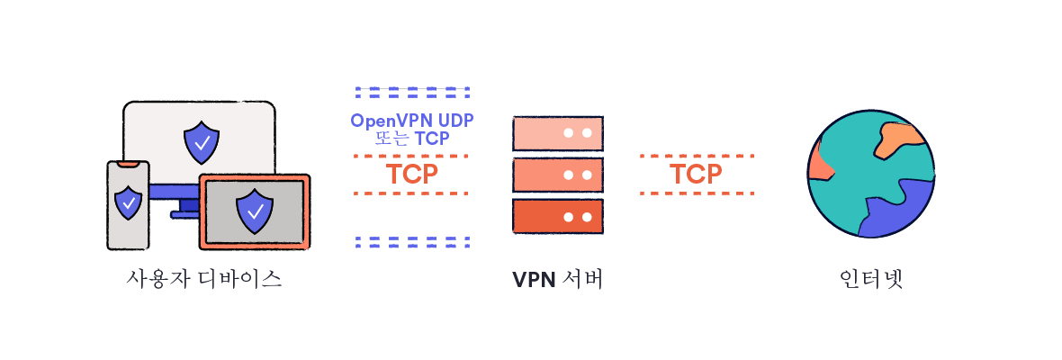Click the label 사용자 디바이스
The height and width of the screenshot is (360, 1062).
pos(205,279)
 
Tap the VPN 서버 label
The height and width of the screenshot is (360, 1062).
pos(557,279)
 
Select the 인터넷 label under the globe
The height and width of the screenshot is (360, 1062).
pos(869,279)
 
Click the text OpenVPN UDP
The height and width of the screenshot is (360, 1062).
pos(412,121)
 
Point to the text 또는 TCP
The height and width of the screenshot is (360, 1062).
pos(412,139)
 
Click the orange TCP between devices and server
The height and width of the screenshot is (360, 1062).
pos(411,174)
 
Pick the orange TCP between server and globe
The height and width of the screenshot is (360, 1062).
pos(696,174)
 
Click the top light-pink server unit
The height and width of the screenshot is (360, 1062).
pos(557,133)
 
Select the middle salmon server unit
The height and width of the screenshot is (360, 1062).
pos(557,175)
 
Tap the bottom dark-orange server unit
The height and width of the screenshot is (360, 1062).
pos(557,216)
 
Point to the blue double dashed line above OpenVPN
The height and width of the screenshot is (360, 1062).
pos(412,92)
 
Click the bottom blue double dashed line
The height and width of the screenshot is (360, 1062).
pos(412,241)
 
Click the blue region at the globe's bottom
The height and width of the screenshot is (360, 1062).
pos(900,211)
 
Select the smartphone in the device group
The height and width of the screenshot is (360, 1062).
pos(128,205)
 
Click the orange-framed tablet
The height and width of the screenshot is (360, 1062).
pos(255,211)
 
